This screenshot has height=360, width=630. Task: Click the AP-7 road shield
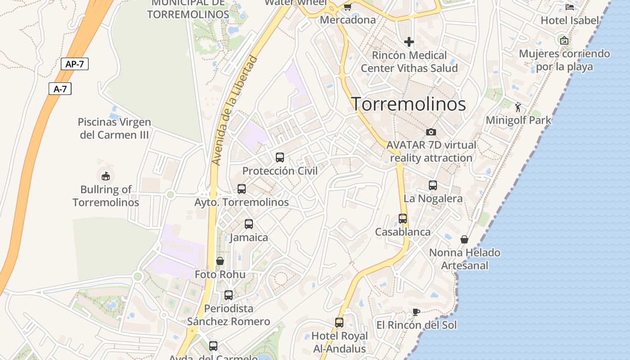click(75, 64)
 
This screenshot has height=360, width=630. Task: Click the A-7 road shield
click(60, 89)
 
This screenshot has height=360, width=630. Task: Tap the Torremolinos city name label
click(408, 104)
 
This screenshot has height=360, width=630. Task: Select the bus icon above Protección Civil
click(280, 157)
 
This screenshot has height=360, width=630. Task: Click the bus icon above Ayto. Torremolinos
click(242, 189)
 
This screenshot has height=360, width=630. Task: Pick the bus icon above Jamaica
click(249, 224)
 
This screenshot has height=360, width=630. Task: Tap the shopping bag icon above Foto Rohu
click(220, 261)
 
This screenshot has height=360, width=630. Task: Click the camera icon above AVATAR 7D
click(431, 132)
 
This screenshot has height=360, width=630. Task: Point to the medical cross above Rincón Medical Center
click(409, 42)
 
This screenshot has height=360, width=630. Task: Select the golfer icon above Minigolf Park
click(518, 107)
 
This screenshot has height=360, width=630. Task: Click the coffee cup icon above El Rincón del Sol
click(416, 312)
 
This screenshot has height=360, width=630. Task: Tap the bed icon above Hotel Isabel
click(570, 7)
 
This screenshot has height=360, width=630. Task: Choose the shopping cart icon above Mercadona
click(347, 7)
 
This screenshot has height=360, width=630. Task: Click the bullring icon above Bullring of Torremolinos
click(106, 175)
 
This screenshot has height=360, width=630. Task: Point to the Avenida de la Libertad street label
click(235, 110)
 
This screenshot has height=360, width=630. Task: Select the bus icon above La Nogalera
click(433, 185)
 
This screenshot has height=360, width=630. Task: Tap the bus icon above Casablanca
click(403, 219)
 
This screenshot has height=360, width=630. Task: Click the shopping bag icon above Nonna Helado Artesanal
click(464, 239)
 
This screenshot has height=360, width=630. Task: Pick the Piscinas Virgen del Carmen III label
click(114, 128)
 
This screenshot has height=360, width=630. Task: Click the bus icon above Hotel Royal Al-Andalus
click(339, 323)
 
